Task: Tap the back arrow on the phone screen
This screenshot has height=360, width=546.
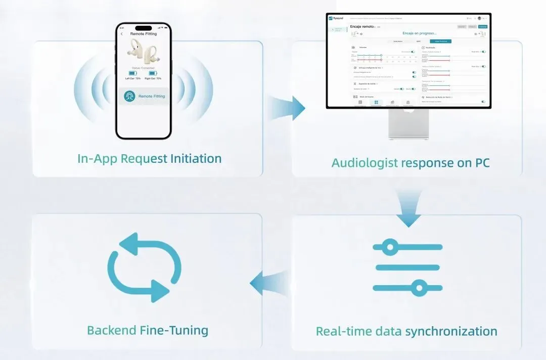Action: click(x=122, y=34)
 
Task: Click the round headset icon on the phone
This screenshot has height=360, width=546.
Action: click(x=130, y=96)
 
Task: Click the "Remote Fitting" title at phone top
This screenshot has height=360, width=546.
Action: click(x=144, y=34)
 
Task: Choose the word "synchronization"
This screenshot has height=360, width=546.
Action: click(x=451, y=332)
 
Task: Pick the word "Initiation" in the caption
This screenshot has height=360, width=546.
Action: click(x=195, y=158)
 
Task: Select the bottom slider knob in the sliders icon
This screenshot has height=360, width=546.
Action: click(x=419, y=288)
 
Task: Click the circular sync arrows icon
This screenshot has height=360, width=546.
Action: click(x=145, y=268)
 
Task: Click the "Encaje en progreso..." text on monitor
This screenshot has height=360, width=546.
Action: click(x=420, y=33)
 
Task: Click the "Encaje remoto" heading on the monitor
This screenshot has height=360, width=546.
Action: click(x=362, y=26)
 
